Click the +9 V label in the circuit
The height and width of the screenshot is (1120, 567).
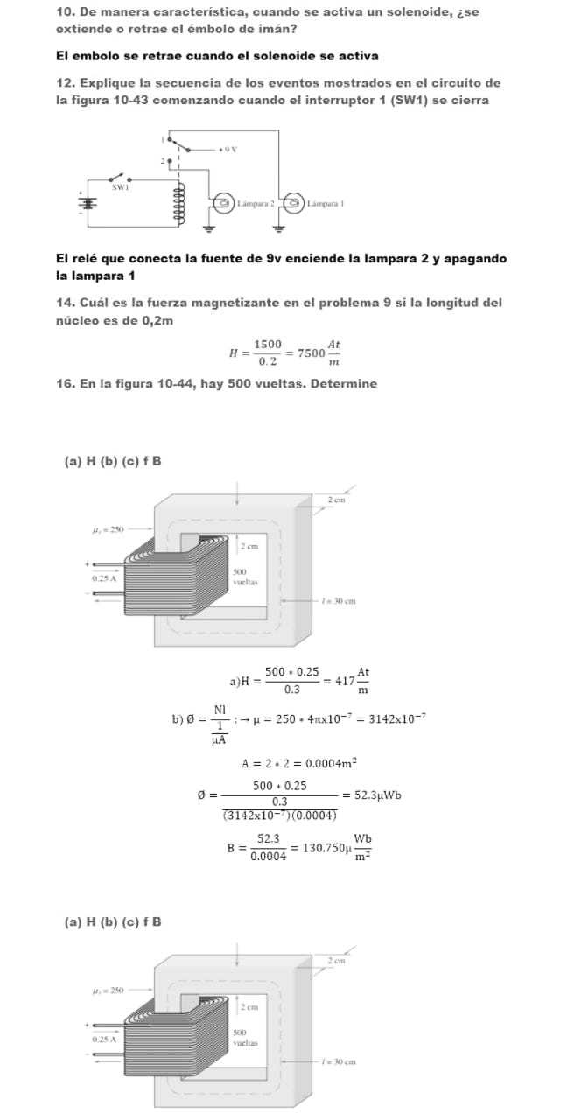coord(229,150)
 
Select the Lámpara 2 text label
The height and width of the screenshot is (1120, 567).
coord(255,203)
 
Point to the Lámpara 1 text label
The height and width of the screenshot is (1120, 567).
coord(326,203)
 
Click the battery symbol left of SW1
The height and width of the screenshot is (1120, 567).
coord(86,199)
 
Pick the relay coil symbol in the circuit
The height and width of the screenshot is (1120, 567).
coord(180,205)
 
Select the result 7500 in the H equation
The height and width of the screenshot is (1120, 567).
coord(311,353)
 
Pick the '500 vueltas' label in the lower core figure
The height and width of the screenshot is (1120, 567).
coord(246,1038)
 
